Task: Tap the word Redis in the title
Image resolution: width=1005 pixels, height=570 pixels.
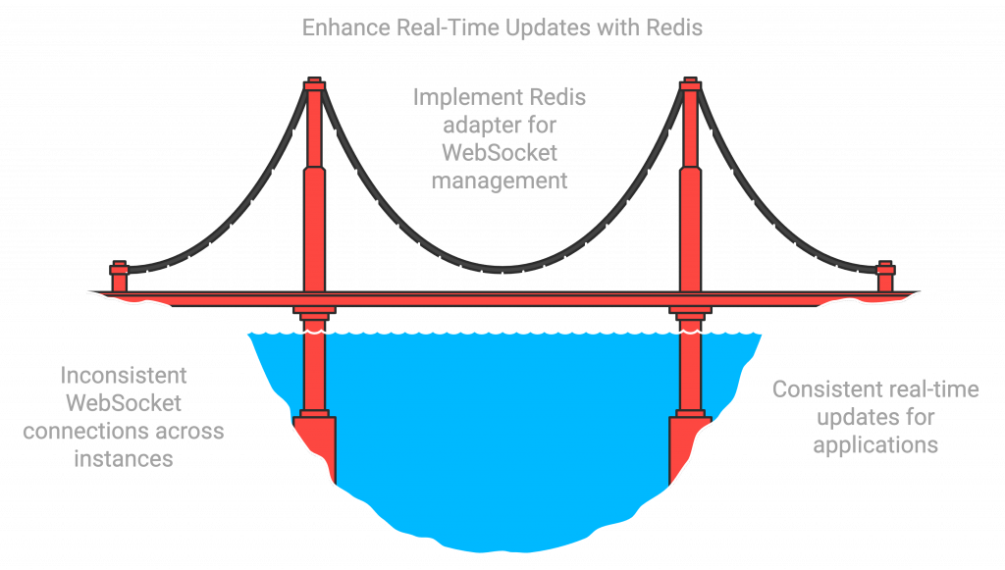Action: click(x=674, y=27)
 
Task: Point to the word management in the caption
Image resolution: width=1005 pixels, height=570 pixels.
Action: click(x=501, y=181)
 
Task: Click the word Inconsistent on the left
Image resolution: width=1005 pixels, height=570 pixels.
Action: click(x=124, y=376)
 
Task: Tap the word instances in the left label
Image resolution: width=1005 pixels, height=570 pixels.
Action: click(x=125, y=458)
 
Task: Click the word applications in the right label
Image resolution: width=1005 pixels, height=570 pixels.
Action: click(x=875, y=444)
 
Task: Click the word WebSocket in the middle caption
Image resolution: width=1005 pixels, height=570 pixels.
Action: click(x=500, y=153)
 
